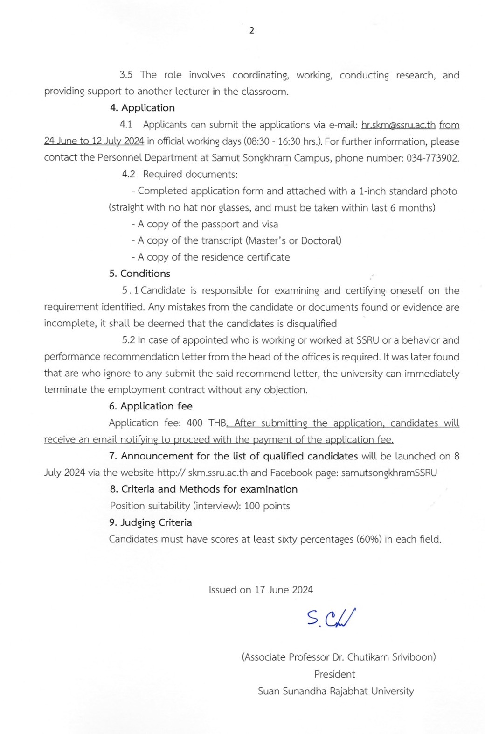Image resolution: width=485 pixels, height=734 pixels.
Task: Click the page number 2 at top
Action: [x=252, y=31]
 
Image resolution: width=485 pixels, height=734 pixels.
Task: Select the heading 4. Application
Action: [x=142, y=108]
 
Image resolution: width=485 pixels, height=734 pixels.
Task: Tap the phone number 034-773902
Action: [x=432, y=158]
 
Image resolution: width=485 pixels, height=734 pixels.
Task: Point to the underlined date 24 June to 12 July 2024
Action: [x=94, y=141]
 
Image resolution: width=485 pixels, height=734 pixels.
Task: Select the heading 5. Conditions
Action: [x=139, y=274]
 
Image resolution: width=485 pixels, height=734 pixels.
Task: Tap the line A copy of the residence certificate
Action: [x=211, y=257]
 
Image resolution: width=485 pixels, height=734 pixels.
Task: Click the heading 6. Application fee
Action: [x=151, y=406]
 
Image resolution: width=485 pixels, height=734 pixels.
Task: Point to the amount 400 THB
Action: [x=206, y=423]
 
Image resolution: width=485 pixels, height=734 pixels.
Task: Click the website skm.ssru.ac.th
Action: [x=218, y=473]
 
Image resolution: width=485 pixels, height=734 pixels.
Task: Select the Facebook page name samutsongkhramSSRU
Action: [x=389, y=473]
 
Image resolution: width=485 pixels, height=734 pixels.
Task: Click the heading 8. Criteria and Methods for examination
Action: [x=204, y=489]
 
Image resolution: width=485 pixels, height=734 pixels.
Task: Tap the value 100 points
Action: [x=267, y=506]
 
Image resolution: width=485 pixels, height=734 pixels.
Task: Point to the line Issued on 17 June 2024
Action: [x=261, y=590]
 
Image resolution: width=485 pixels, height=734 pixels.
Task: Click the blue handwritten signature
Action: [x=331, y=618]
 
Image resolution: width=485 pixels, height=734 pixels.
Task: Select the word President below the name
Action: [x=334, y=674]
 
